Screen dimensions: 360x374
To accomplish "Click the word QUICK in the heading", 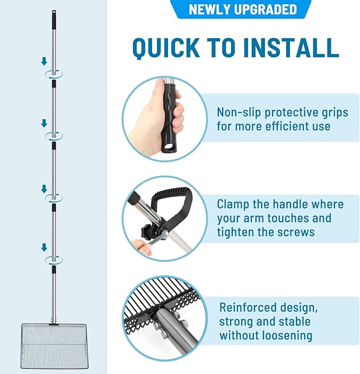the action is tap(166, 48).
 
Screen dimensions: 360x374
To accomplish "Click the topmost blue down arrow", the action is tap(44, 61).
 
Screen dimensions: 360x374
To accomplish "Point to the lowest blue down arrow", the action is tap(44, 247).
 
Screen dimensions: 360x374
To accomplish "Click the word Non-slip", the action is tap(239, 112).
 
